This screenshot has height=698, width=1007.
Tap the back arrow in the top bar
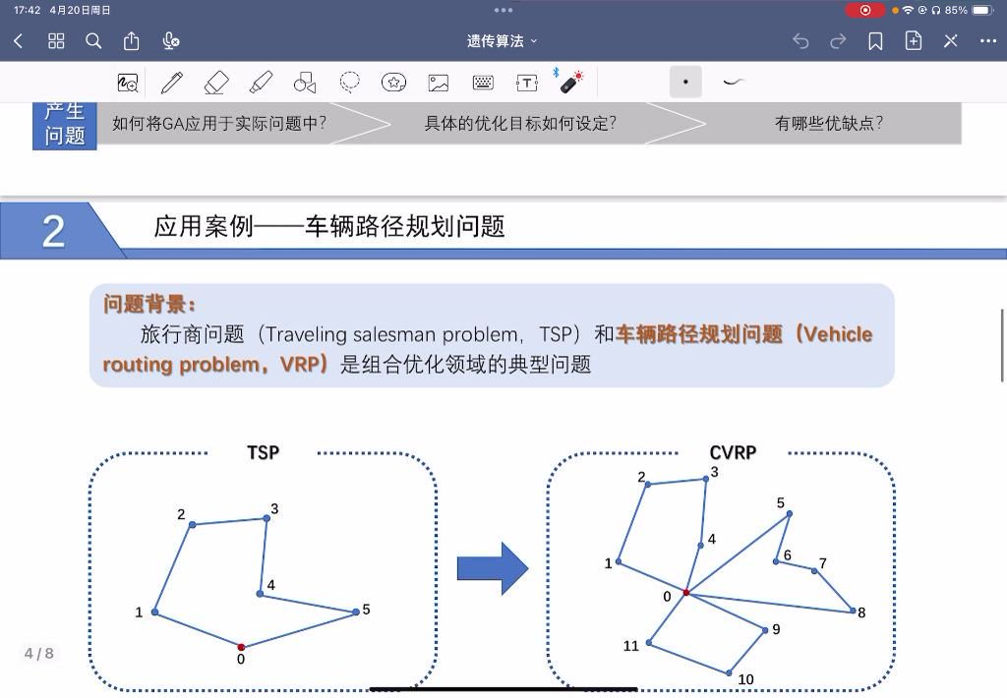coord(18,41)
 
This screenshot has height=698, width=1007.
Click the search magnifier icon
coord(93,41)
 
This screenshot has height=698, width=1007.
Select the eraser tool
coord(215,83)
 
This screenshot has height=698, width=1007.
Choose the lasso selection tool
coord(349,83)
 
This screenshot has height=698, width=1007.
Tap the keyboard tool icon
coord(483,83)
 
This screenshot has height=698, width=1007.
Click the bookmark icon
coord(874,41)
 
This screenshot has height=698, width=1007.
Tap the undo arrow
coord(800,41)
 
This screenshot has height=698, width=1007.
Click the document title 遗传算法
coord(496,41)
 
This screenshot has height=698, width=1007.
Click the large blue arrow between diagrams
coord(493,568)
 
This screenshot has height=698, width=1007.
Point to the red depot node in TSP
coord(241,647)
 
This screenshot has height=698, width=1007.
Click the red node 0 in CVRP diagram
coord(685,592)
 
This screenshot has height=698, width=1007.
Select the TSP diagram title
coord(264,452)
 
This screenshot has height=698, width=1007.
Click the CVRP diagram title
coord(733,452)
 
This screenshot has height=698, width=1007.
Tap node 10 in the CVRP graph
coord(729,673)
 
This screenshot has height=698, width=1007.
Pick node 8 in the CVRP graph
coord(853,611)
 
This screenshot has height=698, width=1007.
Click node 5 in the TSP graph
coord(356,611)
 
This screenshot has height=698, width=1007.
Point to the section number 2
coord(53,232)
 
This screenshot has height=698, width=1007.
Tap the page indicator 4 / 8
coord(39,654)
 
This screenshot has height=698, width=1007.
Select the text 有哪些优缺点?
coord(829,123)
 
